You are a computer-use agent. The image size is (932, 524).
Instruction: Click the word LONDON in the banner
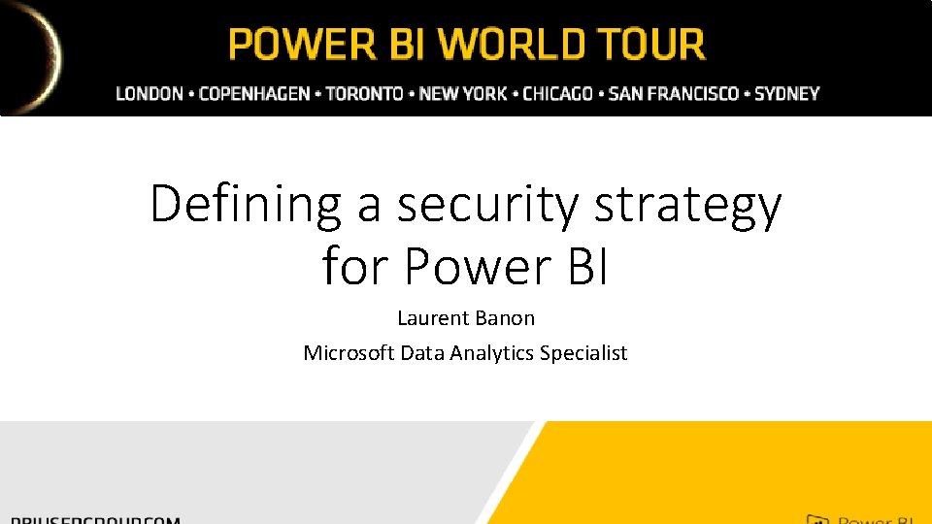pyautogui.click(x=150, y=94)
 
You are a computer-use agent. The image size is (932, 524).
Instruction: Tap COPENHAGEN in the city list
pyautogui.click(x=254, y=94)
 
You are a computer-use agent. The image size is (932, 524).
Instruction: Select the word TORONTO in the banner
pyautogui.click(x=364, y=94)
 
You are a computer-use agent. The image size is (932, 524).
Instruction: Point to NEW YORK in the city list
pyautogui.click(x=463, y=94)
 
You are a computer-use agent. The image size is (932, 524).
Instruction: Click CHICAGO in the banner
pyautogui.click(x=557, y=94)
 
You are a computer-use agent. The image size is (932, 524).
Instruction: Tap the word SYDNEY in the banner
pyautogui.click(x=786, y=94)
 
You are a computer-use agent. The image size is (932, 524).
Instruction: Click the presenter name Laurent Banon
pyautogui.click(x=466, y=317)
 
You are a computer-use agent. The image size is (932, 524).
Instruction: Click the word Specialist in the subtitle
pyautogui.click(x=583, y=352)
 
